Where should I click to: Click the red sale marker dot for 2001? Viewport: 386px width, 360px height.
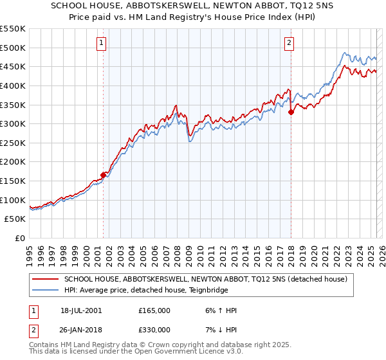[104, 175]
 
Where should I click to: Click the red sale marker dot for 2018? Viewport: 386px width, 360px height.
[291, 112]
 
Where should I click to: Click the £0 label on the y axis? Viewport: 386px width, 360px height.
[21, 238]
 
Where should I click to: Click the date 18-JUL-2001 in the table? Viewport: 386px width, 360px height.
[81, 310]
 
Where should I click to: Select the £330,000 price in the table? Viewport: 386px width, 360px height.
[154, 330]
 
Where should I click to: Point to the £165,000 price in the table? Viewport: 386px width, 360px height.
[154, 310]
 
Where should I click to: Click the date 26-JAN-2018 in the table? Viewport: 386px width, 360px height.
[81, 330]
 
